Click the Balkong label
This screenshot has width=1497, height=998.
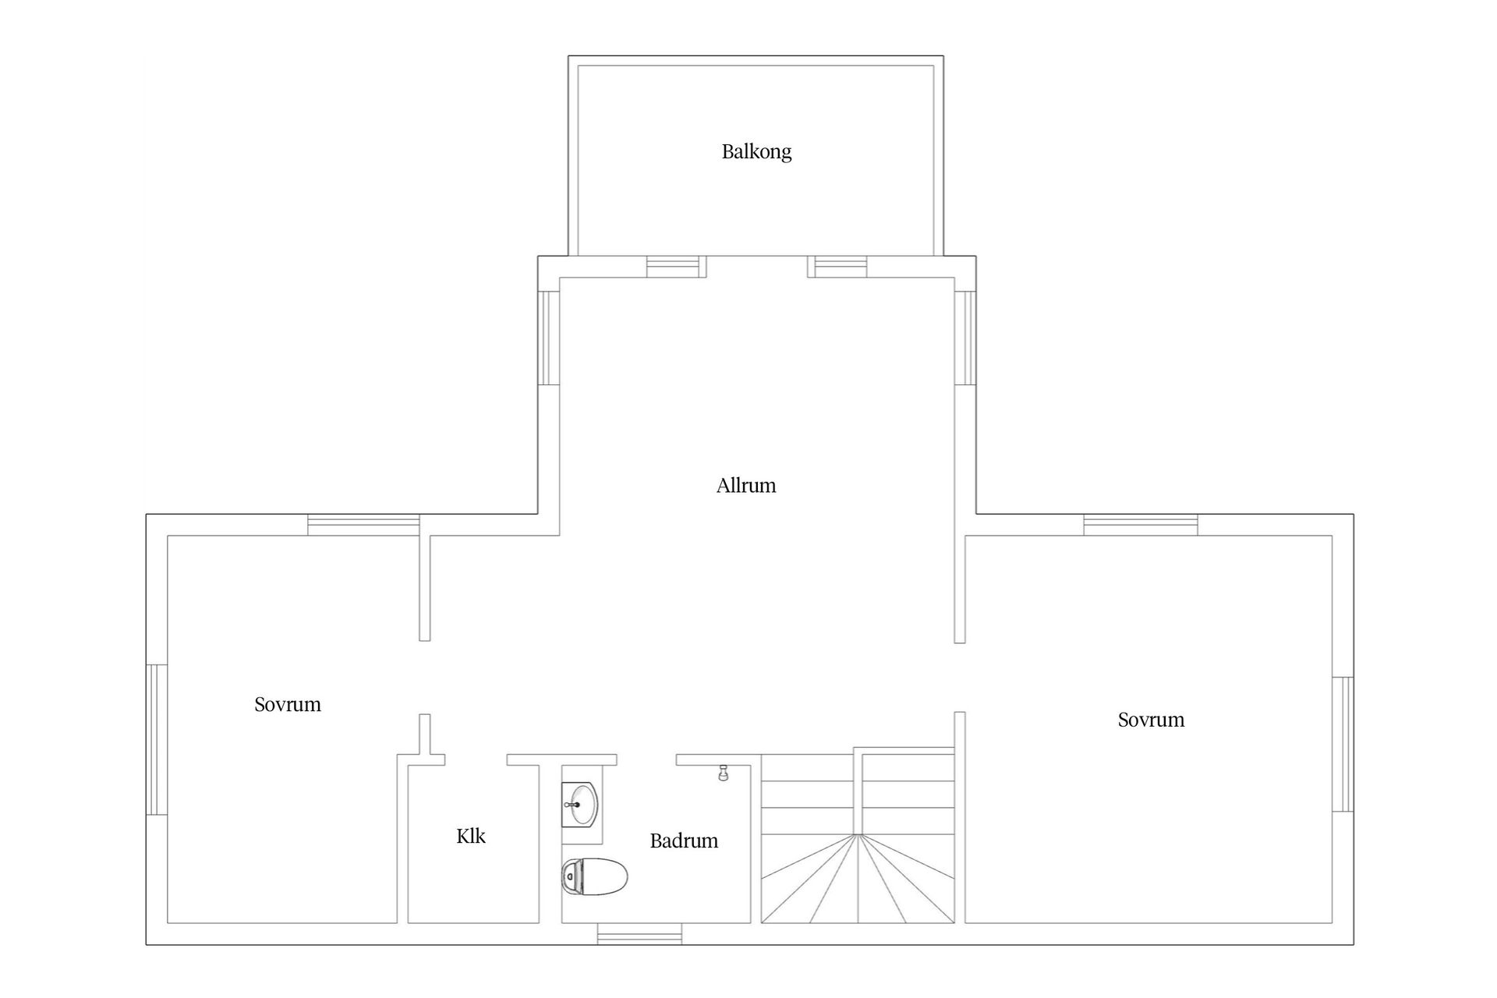(x=756, y=151)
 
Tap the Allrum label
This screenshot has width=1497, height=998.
(x=746, y=486)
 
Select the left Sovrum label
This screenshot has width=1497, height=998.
(x=288, y=704)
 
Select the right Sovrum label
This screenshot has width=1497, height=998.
(x=1151, y=719)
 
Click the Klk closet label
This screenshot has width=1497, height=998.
(x=471, y=836)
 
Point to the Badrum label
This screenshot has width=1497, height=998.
(x=684, y=841)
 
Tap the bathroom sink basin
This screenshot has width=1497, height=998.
(x=582, y=805)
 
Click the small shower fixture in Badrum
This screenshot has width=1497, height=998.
(x=723, y=772)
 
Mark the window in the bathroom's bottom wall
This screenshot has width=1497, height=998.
(x=639, y=934)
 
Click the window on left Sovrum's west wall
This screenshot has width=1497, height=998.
(x=157, y=740)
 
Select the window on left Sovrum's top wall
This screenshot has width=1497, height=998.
(x=363, y=525)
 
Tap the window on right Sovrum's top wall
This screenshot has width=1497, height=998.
(x=1141, y=525)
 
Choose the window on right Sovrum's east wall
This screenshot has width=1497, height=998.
(x=1343, y=744)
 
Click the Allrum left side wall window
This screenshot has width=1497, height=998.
(x=549, y=338)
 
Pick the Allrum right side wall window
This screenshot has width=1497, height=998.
(x=965, y=338)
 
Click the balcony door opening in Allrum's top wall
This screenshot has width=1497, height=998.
(x=756, y=267)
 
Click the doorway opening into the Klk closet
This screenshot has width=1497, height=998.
(x=476, y=760)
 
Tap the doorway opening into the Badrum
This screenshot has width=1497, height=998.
(x=646, y=760)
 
